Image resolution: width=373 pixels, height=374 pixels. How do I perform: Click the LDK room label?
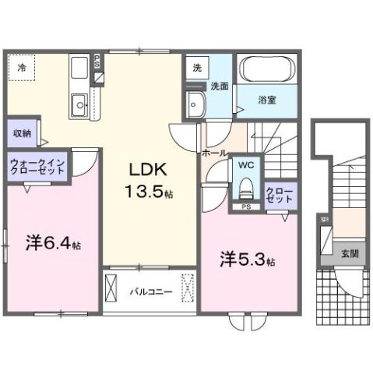point(145,169)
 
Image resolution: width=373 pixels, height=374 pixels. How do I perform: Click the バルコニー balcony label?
point(146,292)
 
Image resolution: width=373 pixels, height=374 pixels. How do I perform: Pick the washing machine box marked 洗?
point(196,68)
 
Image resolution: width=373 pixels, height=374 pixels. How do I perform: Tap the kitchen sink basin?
point(79,104)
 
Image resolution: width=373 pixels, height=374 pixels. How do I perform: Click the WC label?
point(245,165)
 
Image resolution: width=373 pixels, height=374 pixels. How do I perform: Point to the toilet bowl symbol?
point(246,187)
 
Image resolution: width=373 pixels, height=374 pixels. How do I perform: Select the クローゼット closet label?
point(280,195)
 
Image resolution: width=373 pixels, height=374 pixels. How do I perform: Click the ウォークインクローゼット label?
point(38,168)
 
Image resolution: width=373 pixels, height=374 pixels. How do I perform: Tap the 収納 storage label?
point(22,132)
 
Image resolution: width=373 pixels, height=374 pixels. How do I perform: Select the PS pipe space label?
point(245,207)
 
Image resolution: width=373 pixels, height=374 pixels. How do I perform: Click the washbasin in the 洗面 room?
point(195,101)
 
